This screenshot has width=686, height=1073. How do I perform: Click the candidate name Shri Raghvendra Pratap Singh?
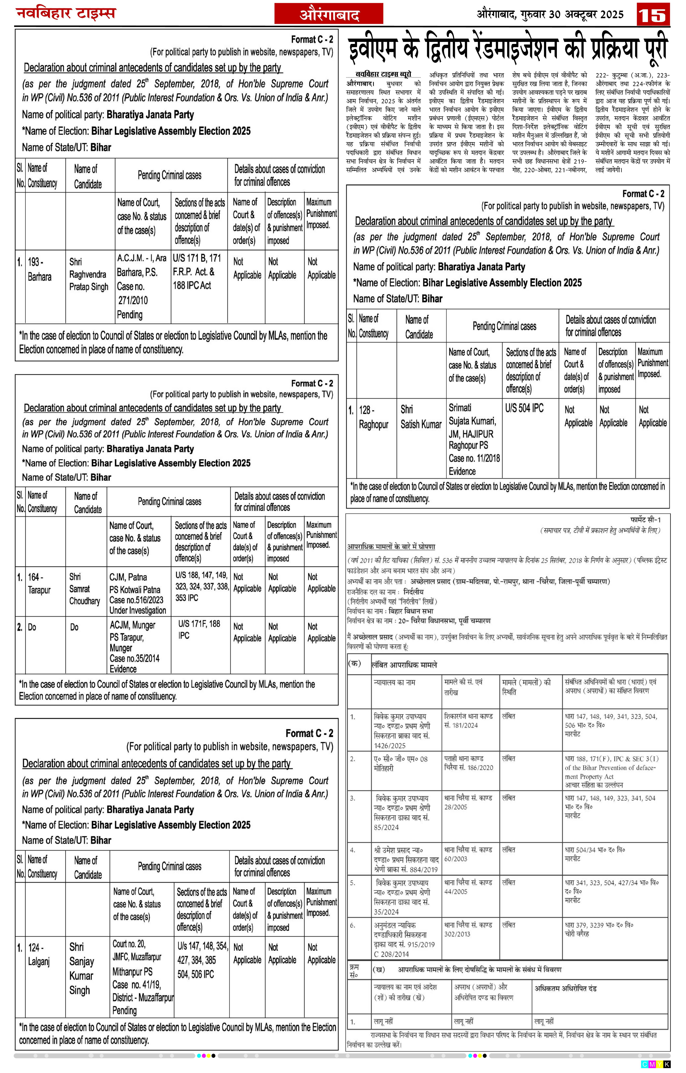pos(88,274)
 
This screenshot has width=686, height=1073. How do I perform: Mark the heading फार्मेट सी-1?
pos(646,520)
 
